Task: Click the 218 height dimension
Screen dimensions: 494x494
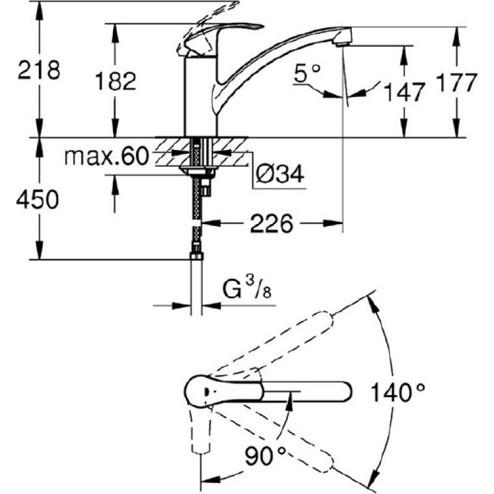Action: tap(39, 70)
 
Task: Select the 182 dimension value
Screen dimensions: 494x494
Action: tap(115, 81)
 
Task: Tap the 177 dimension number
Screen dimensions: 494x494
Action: tap(456, 83)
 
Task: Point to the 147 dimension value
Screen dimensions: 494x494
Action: tap(404, 92)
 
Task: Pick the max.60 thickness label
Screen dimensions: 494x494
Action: tap(106, 156)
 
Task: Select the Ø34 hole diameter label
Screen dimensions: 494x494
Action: tap(280, 174)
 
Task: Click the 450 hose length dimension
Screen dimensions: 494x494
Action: tap(38, 199)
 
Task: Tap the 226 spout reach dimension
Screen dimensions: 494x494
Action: tap(272, 224)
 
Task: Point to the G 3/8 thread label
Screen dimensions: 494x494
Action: tap(247, 288)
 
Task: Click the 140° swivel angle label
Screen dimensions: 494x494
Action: tap(398, 392)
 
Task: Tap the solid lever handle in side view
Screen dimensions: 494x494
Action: tap(220, 36)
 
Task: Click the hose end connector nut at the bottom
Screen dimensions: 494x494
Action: tap(196, 256)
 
